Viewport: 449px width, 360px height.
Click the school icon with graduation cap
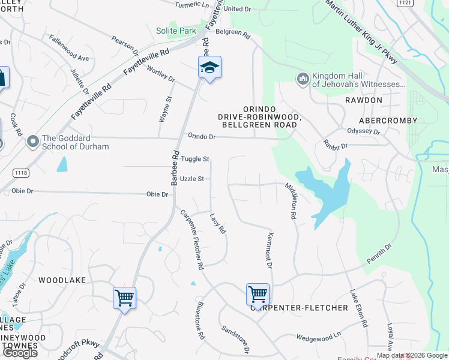click(x=209, y=67)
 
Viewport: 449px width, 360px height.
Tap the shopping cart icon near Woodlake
click(x=124, y=298)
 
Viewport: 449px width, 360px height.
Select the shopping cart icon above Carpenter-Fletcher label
click(x=258, y=295)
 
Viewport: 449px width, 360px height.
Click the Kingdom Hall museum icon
click(x=303, y=79)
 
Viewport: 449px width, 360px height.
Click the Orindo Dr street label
click(x=201, y=136)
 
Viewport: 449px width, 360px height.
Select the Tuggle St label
click(x=195, y=159)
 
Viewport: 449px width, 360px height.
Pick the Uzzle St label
click(x=192, y=179)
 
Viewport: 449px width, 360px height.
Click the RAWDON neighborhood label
click(x=364, y=100)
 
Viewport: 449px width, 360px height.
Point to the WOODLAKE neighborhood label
click(x=62, y=280)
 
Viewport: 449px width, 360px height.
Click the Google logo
click(x=20, y=352)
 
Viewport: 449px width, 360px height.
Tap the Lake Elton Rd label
click(x=358, y=308)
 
